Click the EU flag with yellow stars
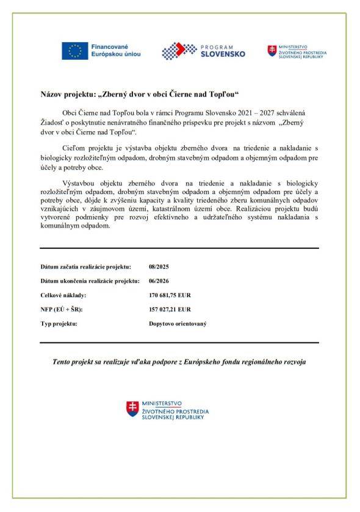(x=74, y=51)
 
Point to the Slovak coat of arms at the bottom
(x=132, y=409)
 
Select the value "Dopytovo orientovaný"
(x=178, y=323)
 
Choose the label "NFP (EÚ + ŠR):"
(x=61, y=309)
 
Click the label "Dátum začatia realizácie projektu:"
(x=85, y=267)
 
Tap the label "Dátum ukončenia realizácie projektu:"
(x=89, y=281)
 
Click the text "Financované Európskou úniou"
(x=115, y=51)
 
